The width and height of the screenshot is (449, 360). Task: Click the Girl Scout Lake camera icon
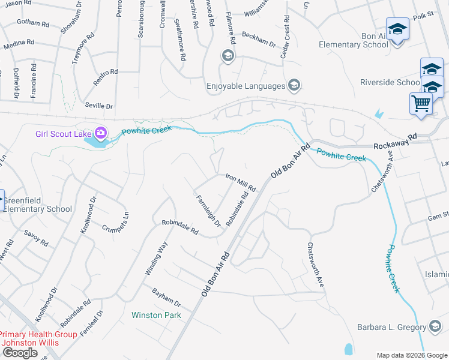point(101,132)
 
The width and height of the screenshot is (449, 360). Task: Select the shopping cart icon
point(420,103)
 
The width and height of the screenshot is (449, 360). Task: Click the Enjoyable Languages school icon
point(294,86)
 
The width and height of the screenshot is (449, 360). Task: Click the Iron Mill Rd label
point(240,182)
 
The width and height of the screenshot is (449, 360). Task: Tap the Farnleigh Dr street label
point(208,211)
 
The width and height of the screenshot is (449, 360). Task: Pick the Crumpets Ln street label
point(115,221)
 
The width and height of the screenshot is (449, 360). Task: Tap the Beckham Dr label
point(258,40)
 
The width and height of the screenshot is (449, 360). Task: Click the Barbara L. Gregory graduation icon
point(435,326)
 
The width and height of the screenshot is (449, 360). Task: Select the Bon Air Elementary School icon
point(397,28)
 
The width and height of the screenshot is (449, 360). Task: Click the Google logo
point(20,353)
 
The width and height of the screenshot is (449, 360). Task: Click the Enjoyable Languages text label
point(246,86)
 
